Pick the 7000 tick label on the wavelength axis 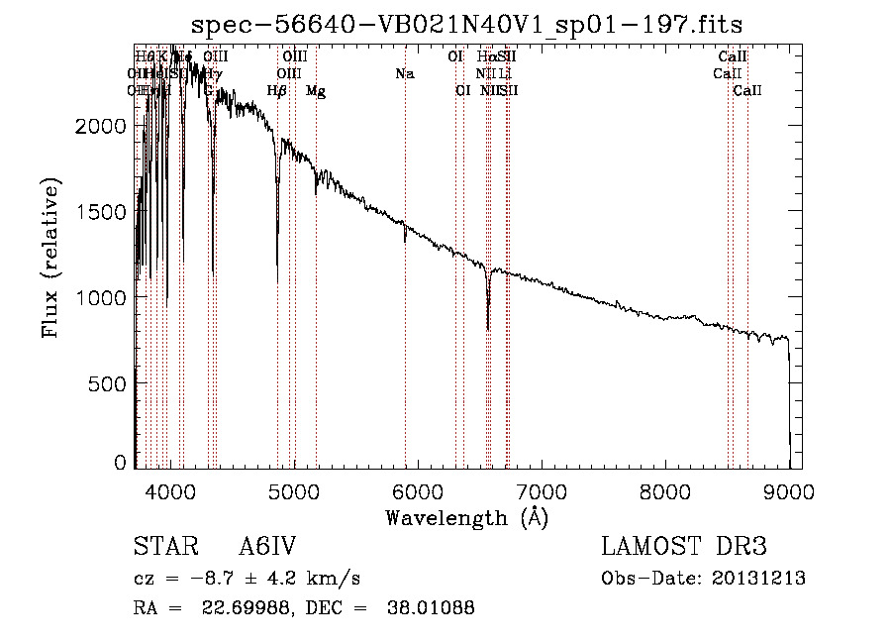(542, 490)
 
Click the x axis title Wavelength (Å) (466, 517)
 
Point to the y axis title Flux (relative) (50, 258)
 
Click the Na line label (404, 74)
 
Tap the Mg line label (316, 91)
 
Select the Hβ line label (277, 91)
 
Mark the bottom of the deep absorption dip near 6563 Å (488, 329)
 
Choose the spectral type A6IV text (267, 548)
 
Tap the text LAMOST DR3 (684, 548)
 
